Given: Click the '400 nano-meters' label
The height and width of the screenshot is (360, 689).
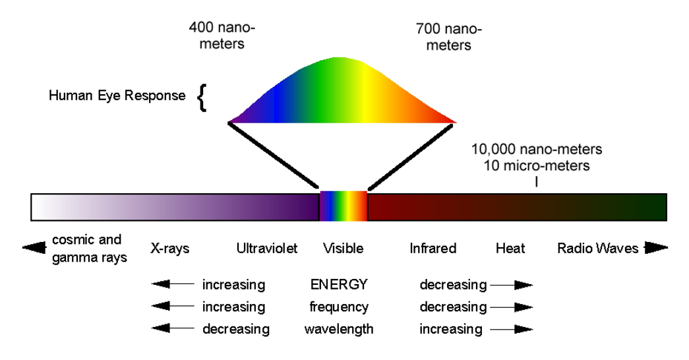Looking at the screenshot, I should coord(222,36).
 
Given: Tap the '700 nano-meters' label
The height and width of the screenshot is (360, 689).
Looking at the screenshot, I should coord(448,38).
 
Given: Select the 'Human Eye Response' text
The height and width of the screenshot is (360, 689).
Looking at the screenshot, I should coord(117,96).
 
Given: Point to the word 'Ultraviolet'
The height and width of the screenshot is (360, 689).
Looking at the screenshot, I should coord(266,249).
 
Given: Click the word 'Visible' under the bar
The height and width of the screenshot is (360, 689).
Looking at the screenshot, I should coord(343,249).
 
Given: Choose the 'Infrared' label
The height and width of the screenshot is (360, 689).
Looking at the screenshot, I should coord(433,249).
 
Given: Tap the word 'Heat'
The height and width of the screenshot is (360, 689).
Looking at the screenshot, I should coord(510,249).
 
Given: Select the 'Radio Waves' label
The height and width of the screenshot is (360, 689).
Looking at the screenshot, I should coord(598,249).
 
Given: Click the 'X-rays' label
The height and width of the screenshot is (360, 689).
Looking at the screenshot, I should coord(169,249).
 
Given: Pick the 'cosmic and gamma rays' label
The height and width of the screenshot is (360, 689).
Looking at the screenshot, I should coord(89,248).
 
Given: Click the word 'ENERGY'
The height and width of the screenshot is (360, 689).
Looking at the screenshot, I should coord(339,285).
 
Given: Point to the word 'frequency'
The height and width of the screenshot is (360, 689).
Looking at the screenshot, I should coord(339,307).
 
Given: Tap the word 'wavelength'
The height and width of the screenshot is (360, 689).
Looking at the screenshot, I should coord(339,328).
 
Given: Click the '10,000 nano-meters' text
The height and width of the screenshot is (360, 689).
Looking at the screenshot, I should coord(536,149).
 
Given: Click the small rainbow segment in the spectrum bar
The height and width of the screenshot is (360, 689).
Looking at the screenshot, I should coord(343,206).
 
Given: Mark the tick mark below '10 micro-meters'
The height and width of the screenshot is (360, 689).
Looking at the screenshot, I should coord(536,181).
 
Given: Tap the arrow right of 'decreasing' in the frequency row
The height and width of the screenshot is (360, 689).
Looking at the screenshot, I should coord(512,307).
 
